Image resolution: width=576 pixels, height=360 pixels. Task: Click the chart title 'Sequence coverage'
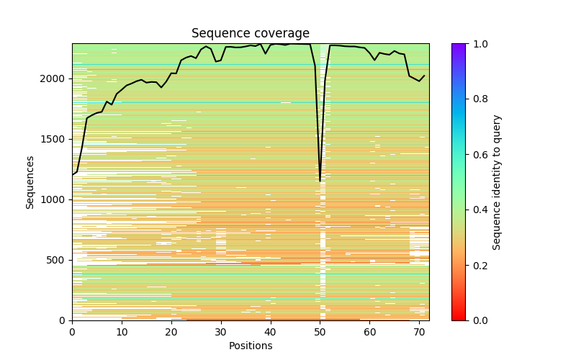coord(250,34)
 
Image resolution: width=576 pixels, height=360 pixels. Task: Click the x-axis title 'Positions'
coord(250,346)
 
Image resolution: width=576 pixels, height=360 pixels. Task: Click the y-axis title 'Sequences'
coord(30,181)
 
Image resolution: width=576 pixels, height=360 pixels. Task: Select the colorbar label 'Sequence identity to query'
coord(497,181)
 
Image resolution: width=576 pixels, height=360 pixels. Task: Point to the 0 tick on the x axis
coord(72,332)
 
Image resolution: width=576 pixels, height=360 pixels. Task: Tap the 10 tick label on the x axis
coord(122,332)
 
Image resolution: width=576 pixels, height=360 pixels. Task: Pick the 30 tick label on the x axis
coord(221,332)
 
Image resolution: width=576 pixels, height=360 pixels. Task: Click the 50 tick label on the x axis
coord(320,332)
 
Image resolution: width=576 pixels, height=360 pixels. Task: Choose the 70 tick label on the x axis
coord(419,332)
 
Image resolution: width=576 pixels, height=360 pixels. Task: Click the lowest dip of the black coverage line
coord(320,181)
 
